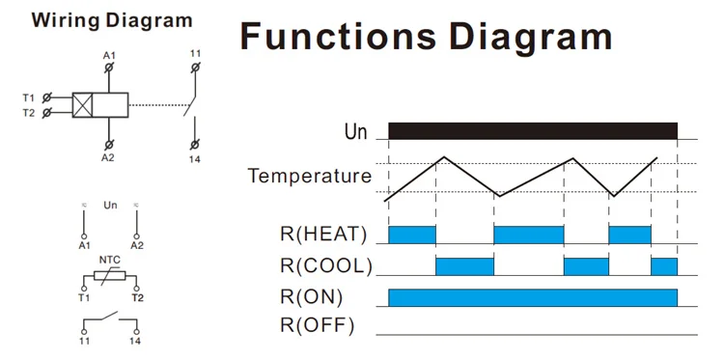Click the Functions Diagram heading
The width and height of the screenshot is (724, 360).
point(426,37)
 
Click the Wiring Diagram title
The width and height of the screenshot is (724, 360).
point(112,21)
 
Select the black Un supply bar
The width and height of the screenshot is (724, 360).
point(533,130)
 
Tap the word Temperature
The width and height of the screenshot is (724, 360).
point(309,176)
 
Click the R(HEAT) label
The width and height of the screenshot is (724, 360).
point(323,235)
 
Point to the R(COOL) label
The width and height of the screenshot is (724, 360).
point(326,265)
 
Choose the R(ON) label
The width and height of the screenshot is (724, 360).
point(311,297)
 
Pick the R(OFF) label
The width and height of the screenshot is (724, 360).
point(318,326)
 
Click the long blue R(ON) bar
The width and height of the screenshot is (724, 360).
point(533,297)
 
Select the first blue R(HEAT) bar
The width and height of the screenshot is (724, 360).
point(412,235)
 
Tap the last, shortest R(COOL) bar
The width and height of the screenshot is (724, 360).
point(664,266)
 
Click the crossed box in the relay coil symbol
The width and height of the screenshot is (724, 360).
point(82,105)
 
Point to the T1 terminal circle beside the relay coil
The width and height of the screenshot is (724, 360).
point(46,97)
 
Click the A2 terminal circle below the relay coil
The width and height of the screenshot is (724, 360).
point(108,145)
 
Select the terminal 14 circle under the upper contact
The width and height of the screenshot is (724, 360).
point(195,145)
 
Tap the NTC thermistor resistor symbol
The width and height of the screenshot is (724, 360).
point(109,275)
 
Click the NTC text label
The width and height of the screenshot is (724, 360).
point(110,260)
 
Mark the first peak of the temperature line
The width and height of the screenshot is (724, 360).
point(444,157)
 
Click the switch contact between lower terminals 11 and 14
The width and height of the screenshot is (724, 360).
point(110,318)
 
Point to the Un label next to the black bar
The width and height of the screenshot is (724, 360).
point(355,132)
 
